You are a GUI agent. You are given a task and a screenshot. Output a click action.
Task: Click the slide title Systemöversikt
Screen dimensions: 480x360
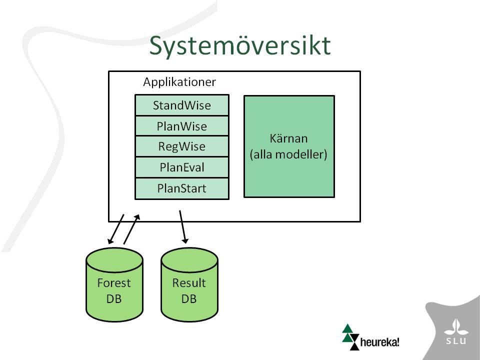tap(240, 46)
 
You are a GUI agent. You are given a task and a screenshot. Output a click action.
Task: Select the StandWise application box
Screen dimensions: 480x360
tap(182, 105)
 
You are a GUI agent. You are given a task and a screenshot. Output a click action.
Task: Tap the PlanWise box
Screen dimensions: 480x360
tap(182, 126)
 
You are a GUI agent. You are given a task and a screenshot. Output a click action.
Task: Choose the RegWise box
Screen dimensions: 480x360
tap(182, 146)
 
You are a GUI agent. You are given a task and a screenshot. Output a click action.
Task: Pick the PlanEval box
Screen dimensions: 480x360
tap(182, 167)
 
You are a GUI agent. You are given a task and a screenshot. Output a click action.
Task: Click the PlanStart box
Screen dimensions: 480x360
tap(182, 188)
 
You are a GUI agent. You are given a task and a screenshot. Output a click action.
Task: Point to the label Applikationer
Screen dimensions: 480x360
tap(179, 82)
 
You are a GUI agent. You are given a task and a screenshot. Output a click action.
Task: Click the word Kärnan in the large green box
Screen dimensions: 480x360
tap(288, 138)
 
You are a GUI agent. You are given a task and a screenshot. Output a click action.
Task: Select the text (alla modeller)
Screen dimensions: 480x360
tap(288, 154)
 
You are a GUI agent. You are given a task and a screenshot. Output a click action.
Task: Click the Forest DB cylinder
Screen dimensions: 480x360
tap(114, 284)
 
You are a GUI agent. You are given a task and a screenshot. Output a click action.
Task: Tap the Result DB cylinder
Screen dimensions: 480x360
tap(189, 284)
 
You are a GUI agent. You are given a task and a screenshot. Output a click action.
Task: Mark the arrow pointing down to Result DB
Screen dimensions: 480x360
tap(183, 227)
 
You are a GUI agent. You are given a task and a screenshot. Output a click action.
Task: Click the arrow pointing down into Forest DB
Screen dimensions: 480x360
tap(116, 229)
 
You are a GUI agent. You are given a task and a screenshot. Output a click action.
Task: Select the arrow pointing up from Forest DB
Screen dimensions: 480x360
tap(131, 229)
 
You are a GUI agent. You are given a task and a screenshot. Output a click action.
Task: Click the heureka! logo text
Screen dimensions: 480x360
tap(380, 341)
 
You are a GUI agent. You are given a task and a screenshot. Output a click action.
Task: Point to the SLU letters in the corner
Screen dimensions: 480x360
tap(456, 340)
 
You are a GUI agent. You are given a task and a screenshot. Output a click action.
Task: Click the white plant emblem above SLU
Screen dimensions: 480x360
tap(456, 327)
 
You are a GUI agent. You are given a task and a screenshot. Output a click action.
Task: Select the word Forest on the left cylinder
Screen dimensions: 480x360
tap(114, 283)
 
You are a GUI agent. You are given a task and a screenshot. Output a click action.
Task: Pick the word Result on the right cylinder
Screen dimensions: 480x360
tap(189, 283)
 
